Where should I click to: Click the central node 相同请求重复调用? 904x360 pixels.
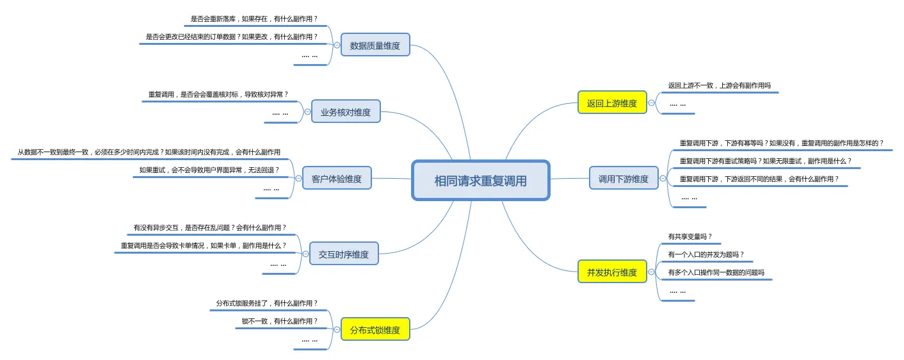coord(480,181)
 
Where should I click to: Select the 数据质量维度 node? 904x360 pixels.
coord(375,45)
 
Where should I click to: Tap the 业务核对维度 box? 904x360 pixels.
coord(346,111)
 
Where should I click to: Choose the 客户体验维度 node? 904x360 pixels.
coord(337,178)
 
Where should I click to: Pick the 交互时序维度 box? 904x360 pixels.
coord(344,254)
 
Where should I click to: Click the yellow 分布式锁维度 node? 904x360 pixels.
coord(375,329)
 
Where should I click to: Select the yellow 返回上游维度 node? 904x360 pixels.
coord(612,102)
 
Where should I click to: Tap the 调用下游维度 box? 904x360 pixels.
coord(624,178)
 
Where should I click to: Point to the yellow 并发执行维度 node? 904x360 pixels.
coord(612,272)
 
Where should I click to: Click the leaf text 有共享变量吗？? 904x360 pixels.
coord(690,236)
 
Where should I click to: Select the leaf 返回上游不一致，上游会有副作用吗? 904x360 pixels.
coord(720,85)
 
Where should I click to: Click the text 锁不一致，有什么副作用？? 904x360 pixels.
coord(279,321)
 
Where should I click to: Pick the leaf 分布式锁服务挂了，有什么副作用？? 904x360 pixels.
coord(267,303)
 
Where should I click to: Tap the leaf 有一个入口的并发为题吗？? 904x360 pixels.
coord(706,254)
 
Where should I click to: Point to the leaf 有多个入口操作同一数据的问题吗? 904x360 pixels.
coord(716,272)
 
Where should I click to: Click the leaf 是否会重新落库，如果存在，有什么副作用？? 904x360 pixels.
coord(254,19)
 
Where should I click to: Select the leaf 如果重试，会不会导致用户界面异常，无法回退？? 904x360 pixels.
coord(209,170)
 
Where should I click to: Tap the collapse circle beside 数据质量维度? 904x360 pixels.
coord(337,45)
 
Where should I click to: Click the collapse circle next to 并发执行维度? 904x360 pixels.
coord(651,272)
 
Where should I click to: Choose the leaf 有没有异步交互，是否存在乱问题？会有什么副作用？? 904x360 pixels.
coord(210,227)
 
